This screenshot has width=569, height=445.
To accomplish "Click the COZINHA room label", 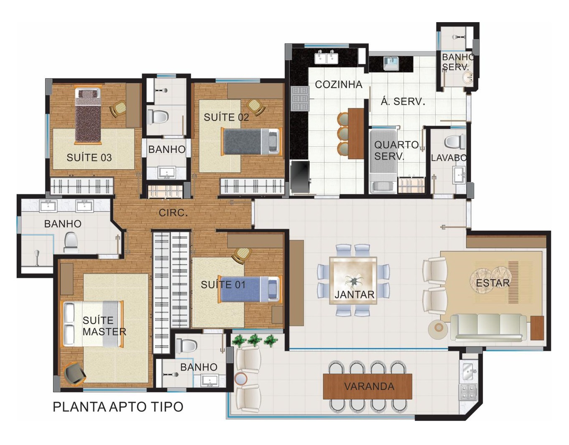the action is (338, 84).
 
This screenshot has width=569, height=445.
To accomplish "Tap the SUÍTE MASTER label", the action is (104, 326).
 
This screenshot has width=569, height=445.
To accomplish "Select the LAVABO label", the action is (449, 158).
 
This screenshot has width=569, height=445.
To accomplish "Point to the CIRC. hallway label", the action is (173, 213).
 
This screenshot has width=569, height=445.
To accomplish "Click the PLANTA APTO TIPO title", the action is (118, 407).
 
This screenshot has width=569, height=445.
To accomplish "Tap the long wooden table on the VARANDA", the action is (367, 387).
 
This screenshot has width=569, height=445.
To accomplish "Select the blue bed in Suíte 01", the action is (250, 289).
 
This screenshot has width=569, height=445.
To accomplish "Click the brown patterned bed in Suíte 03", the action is (88, 116).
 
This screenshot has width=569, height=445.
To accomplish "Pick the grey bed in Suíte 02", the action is (251, 142).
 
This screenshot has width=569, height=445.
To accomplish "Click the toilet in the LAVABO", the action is (454, 142).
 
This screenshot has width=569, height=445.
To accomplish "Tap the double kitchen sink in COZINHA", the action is (326, 57).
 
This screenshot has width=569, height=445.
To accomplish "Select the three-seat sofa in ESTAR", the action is (489, 328).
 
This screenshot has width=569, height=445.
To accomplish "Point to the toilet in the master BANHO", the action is (71, 242).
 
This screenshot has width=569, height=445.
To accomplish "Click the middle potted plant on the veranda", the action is (254, 340).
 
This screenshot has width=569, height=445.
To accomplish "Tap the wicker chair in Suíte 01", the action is (241, 255).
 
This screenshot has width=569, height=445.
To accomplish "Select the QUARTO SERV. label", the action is (396, 150).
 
